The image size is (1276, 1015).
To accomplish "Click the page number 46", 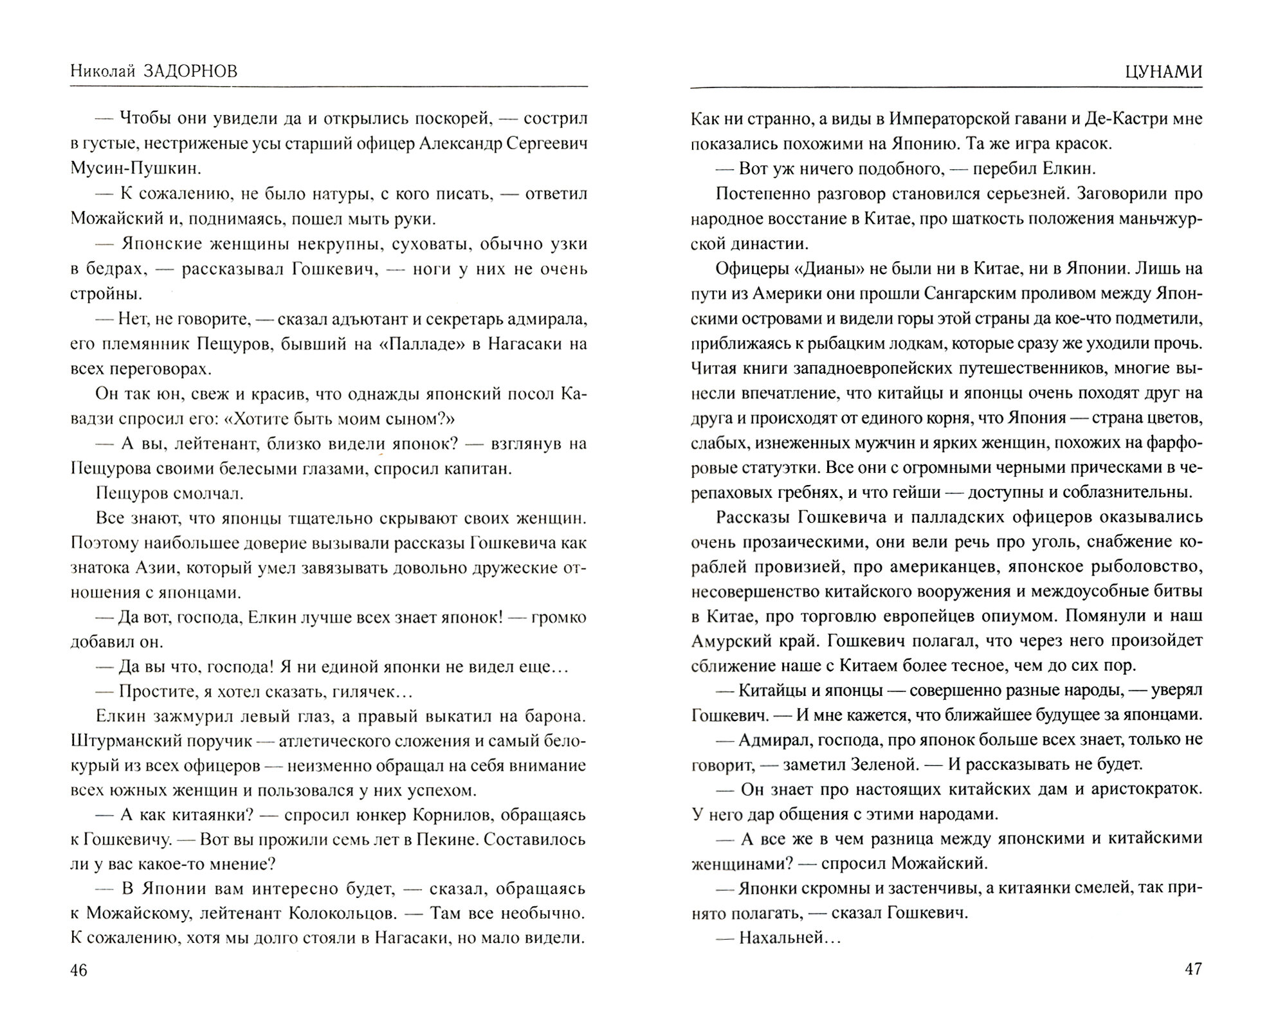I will tap(78, 971).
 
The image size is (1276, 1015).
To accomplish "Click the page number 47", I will tap(1192, 969).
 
